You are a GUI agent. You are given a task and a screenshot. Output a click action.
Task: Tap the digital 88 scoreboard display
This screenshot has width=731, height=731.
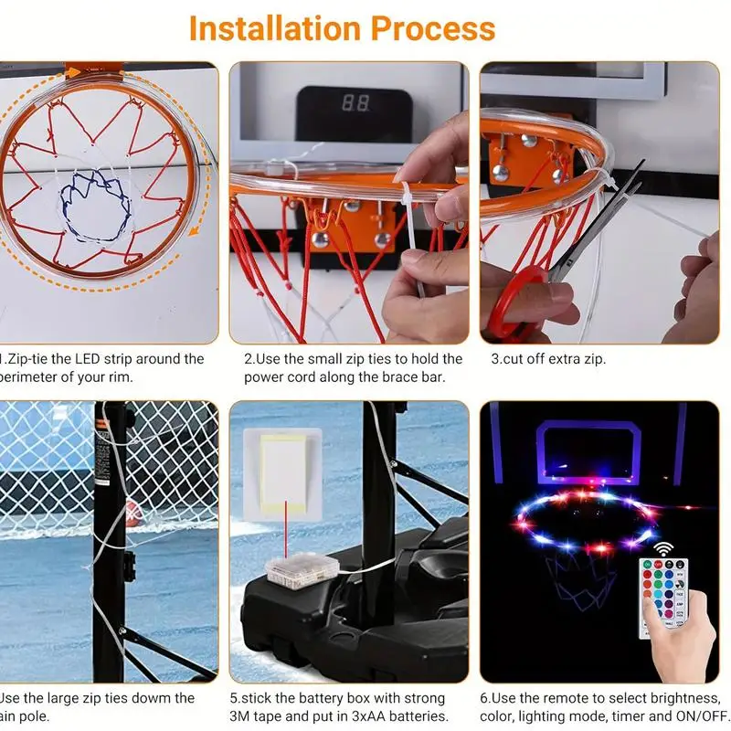tap(355, 104)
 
